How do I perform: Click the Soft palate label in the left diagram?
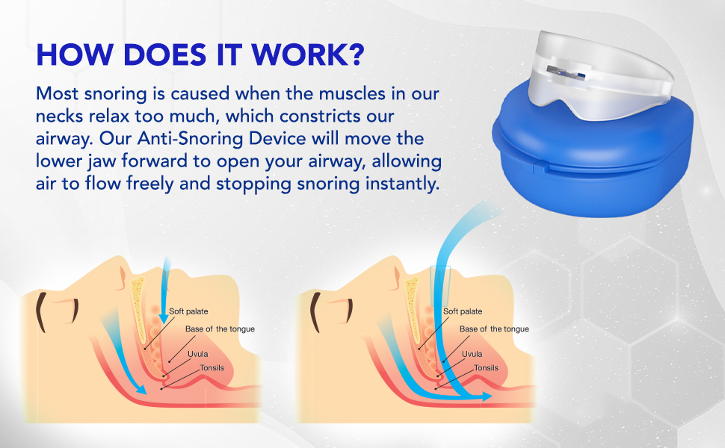[188, 311]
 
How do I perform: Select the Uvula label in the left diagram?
[197, 354]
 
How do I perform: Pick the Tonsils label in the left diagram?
[212, 367]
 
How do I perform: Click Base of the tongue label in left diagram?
[220, 329]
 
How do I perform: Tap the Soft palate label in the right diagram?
[463, 311]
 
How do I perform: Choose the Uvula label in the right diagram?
[472, 354]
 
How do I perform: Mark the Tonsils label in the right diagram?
[486, 367]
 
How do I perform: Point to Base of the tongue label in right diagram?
[494, 329]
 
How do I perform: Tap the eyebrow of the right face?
[316, 312]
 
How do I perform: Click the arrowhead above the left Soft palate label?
[163, 318]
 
